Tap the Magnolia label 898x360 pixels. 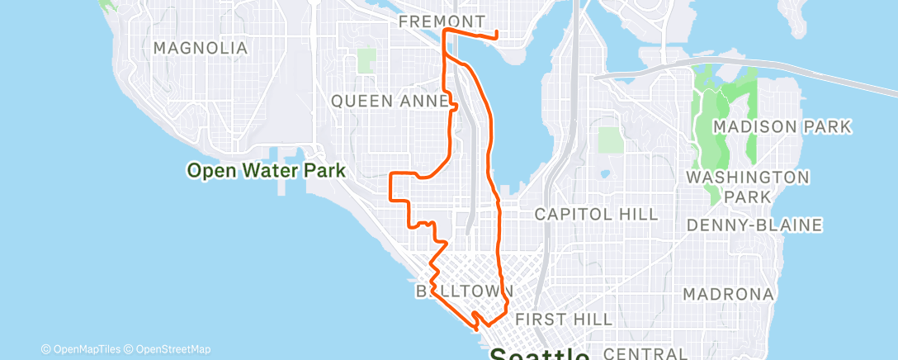pyautogui.click(x=201, y=48)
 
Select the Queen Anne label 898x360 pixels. pyautogui.click(x=390, y=101)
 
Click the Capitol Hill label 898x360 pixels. pyautogui.click(x=596, y=215)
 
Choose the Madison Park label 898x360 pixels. pyautogui.click(x=781, y=127)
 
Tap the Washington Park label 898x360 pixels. pyautogui.click(x=749, y=187)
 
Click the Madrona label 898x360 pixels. pyautogui.click(x=729, y=294)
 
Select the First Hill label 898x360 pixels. pyautogui.click(x=563, y=319)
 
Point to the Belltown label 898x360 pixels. pyautogui.click(x=465, y=291)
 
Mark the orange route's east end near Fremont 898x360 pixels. pyautogui.click(x=495, y=36)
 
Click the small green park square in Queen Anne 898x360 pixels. pyautogui.click(x=366, y=59)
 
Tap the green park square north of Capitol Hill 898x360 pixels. pyautogui.click(x=609, y=140)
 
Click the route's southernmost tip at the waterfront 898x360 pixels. pyautogui.click(x=476, y=327)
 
